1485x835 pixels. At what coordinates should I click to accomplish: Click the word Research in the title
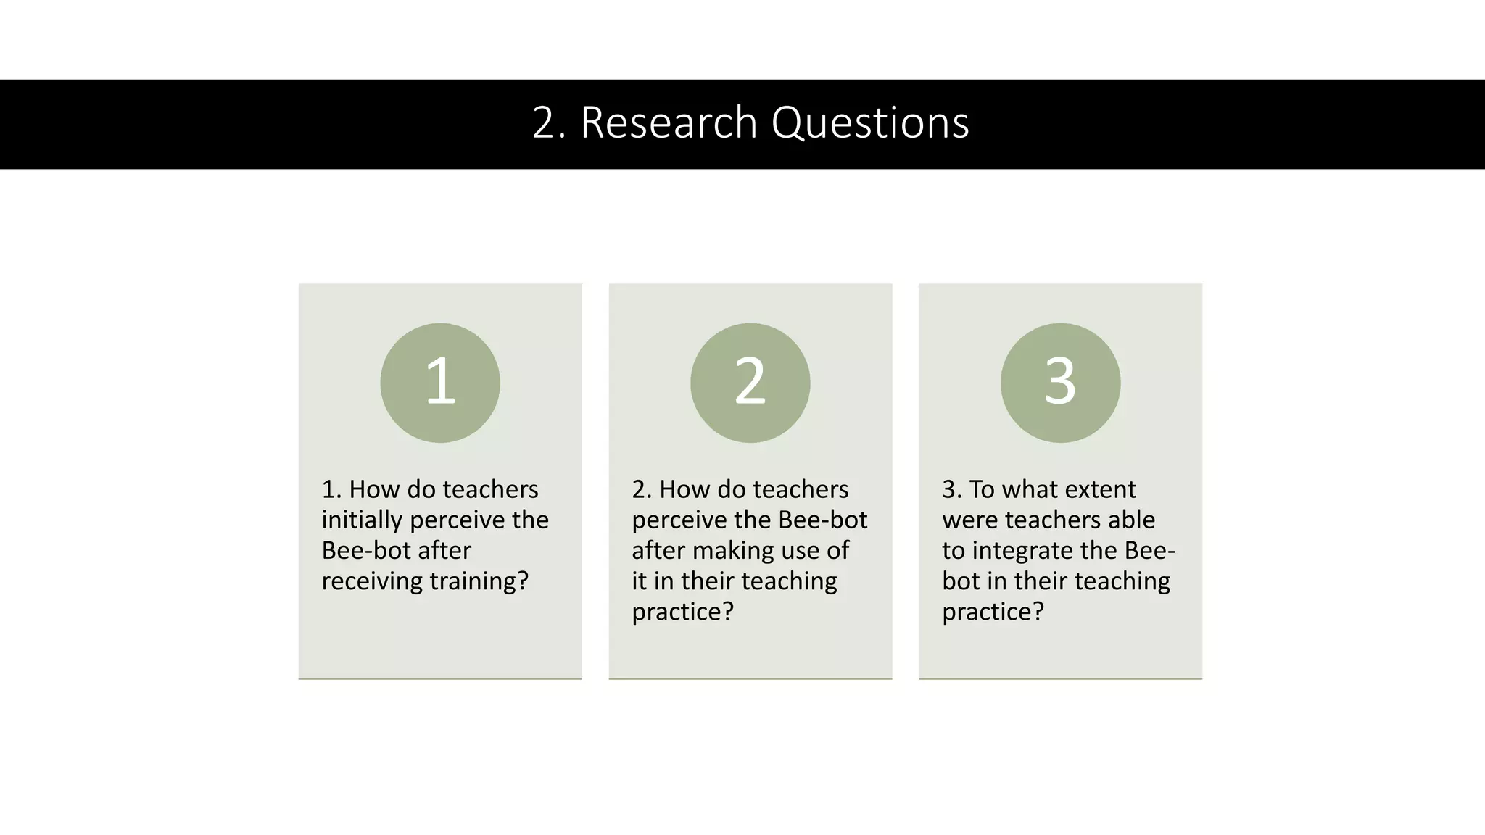click(x=669, y=122)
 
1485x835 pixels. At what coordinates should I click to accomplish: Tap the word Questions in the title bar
click(x=869, y=122)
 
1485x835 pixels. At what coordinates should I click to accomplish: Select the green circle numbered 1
click(x=440, y=383)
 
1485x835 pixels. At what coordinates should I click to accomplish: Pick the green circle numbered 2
click(x=750, y=383)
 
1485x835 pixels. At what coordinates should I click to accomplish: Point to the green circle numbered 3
click(x=1060, y=383)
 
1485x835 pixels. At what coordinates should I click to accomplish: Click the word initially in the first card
click(x=362, y=520)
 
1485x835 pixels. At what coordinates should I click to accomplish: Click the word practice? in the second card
click(x=682, y=612)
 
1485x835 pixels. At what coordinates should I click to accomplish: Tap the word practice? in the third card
click(x=993, y=612)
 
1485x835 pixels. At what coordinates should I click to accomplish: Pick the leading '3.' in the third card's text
click(x=951, y=490)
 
